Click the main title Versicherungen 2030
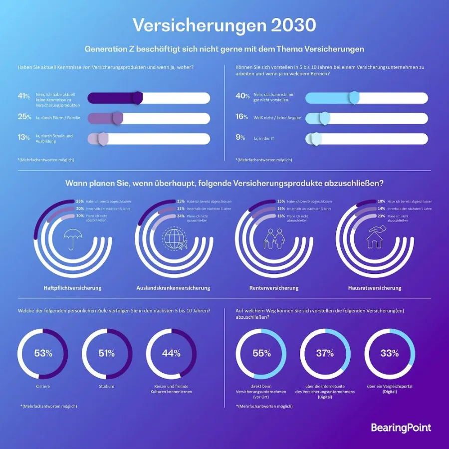[x=224, y=25]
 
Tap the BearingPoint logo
[x=401, y=428]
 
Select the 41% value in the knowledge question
[x=23, y=96]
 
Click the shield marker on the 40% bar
[x=354, y=98]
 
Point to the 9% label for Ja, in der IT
[x=240, y=137]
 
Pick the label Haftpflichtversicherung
[x=72, y=288]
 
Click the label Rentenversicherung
[x=274, y=288]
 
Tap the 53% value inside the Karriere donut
[x=43, y=354]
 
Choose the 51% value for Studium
[x=107, y=354]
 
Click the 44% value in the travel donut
[x=171, y=354]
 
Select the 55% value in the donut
[x=261, y=354]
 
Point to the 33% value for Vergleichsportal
[x=389, y=354]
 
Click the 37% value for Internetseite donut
[x=325, y=354]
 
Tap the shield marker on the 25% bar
[x=118, y=118]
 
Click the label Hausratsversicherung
[x=375, y=288]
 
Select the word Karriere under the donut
[x=43, y=386]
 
